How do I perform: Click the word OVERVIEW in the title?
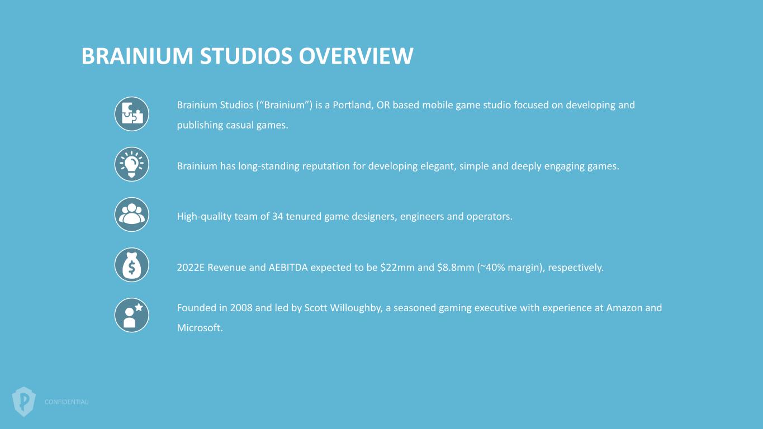point(356,56)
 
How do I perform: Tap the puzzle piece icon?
point(132,114)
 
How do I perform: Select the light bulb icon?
point(132,164)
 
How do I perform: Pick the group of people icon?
point(132,214)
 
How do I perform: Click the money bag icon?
point(132,265)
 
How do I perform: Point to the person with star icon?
point(132,315)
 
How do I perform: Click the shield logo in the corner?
point(24,402)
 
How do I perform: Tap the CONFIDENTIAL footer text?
point(66,402)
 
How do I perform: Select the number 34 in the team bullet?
point(277,217)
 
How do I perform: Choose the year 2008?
point(241,308)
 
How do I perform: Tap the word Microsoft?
point(200,328)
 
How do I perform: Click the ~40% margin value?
point(493,268)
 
